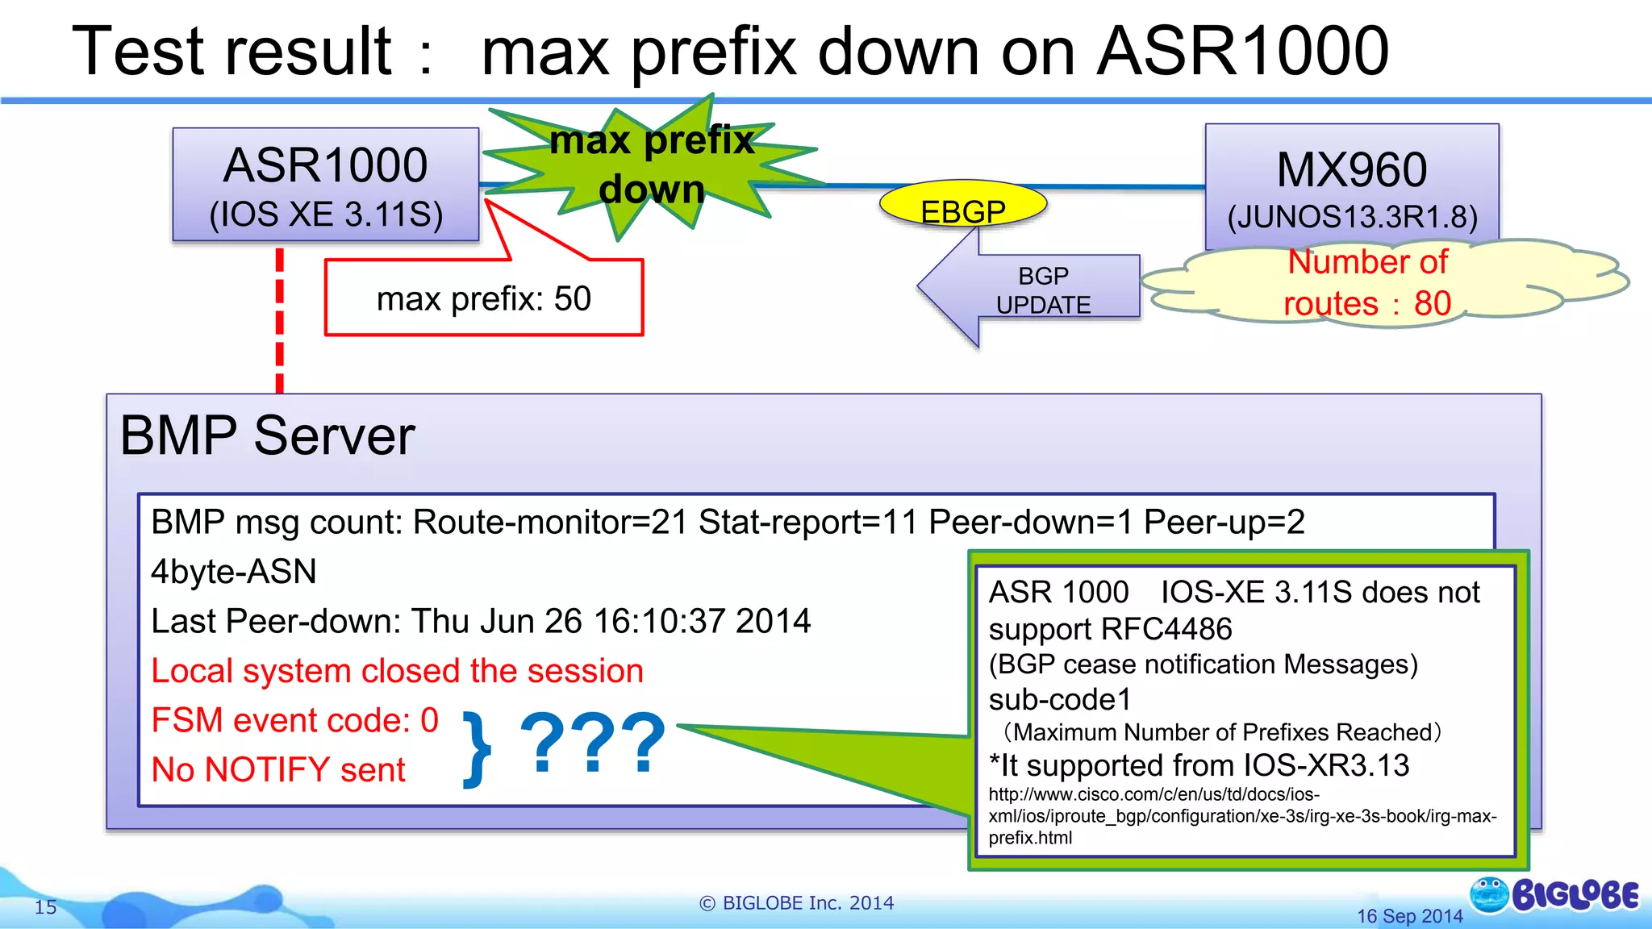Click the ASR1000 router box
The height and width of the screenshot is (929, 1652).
(x=326, y=185)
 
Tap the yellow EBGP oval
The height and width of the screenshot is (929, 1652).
(x=962, y=205)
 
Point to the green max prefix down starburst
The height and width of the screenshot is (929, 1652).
(x=652, y=165)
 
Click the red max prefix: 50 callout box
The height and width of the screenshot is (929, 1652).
(x=484, y=298)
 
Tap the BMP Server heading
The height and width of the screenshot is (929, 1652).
(x=267, y=436)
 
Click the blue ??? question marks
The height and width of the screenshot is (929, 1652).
(x=593, y=743)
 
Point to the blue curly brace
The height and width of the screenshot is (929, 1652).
(x=478, y=748)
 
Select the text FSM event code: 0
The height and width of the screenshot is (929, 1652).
(x=294, y=720)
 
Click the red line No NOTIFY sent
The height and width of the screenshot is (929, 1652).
(x=278, y=769)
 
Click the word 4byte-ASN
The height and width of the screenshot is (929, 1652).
(x=234, y=572)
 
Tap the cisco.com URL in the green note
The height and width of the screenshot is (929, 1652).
(x=1242, y=815)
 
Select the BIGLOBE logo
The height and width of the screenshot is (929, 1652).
(x=1554, y=895)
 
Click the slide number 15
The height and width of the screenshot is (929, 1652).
(x=46, y=907)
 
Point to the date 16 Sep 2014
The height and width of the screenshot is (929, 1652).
(x=1409, y=916)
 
